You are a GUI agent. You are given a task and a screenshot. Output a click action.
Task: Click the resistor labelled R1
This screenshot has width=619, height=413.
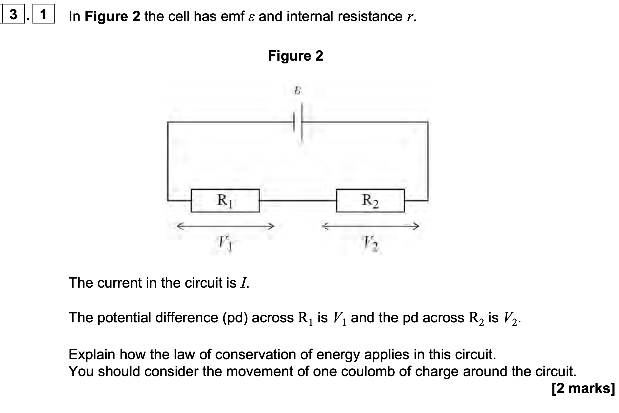[x=225, y=201]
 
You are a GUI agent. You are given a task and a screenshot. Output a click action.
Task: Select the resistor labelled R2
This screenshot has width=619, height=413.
[x=370, y=201]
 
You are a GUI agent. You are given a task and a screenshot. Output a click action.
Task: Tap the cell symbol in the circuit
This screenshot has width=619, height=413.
[x=298, y=122]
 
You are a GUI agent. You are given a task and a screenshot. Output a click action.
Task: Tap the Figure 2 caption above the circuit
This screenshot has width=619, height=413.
[x=295, y=56]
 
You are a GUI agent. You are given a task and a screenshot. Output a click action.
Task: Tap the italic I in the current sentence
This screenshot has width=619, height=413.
[x=244, y=283]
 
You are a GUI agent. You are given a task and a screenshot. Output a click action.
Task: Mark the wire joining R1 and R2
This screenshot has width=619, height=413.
[x=298, y=201]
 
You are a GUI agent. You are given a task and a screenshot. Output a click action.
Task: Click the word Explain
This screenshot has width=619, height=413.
[x=92, y=354]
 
